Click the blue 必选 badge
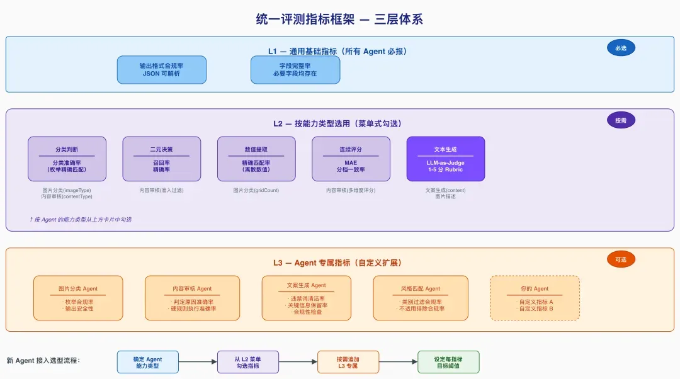[x=621, y=48]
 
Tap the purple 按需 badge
[x=621, y=120]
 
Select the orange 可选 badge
[x=621, y=259]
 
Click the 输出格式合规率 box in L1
[x=162, y=70]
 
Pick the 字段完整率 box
[x=295, y=70]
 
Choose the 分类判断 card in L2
[x=67, y=159]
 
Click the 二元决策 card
[x=162, y=159]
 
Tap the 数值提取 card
[x=256, y=159]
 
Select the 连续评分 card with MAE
[x=351, y=159]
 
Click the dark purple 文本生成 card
[x=446, y=159]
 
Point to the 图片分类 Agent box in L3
[x=78, y=298]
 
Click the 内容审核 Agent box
[x=192, y=298]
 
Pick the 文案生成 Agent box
[x=307, y=298]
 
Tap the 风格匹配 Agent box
[x=421, y=298]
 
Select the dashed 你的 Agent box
[x=535, y=298]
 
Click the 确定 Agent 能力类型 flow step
[x=148, y=362]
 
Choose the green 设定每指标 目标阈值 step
[x=448, y=362]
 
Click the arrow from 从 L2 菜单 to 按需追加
[x=298, y=361]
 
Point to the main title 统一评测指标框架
[x=305, y=19]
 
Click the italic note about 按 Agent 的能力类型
[x=80, y=220]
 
